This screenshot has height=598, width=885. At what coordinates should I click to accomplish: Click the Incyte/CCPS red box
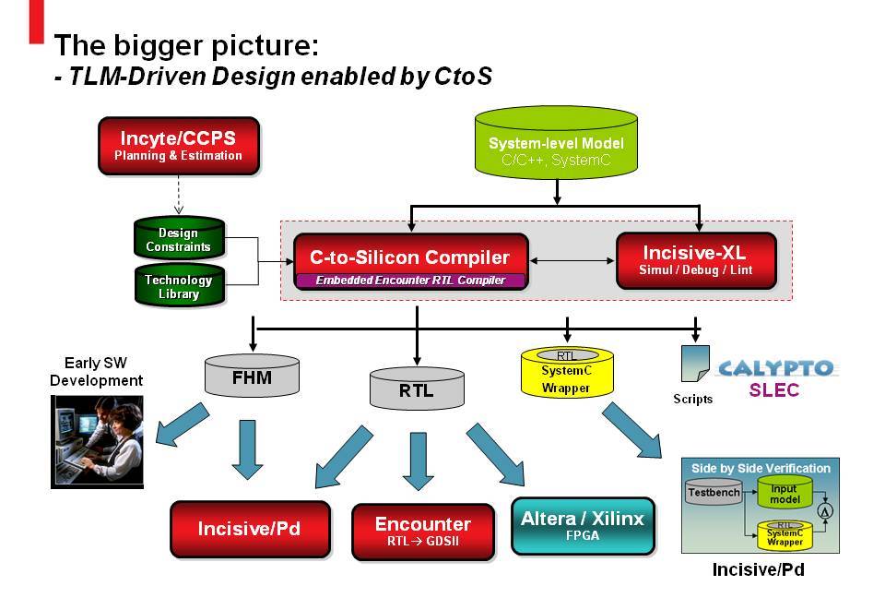point(178,145)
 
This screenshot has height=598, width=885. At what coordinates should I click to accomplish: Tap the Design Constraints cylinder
point(178,239)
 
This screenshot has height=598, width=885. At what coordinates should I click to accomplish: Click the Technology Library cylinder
point(178,286)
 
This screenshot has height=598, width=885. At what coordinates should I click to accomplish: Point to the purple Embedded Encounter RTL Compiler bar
point(410,280)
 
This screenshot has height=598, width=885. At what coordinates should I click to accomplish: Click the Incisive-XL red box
point(695,259)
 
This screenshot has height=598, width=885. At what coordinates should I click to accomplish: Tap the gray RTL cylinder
point(416,389)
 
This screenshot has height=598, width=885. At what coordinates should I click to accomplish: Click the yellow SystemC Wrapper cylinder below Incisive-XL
point(566,373)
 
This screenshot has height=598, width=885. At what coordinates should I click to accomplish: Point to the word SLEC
point(773,390)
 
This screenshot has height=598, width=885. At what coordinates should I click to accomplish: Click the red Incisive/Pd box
point(250,529)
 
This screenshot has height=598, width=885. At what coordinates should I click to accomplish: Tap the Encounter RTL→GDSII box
point(422,531)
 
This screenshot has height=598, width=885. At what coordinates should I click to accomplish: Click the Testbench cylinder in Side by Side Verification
point(714,492)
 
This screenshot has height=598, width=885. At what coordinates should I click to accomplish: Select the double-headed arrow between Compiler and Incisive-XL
point(572,260)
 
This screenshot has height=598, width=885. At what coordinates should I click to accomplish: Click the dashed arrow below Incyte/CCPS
point(178,195)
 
